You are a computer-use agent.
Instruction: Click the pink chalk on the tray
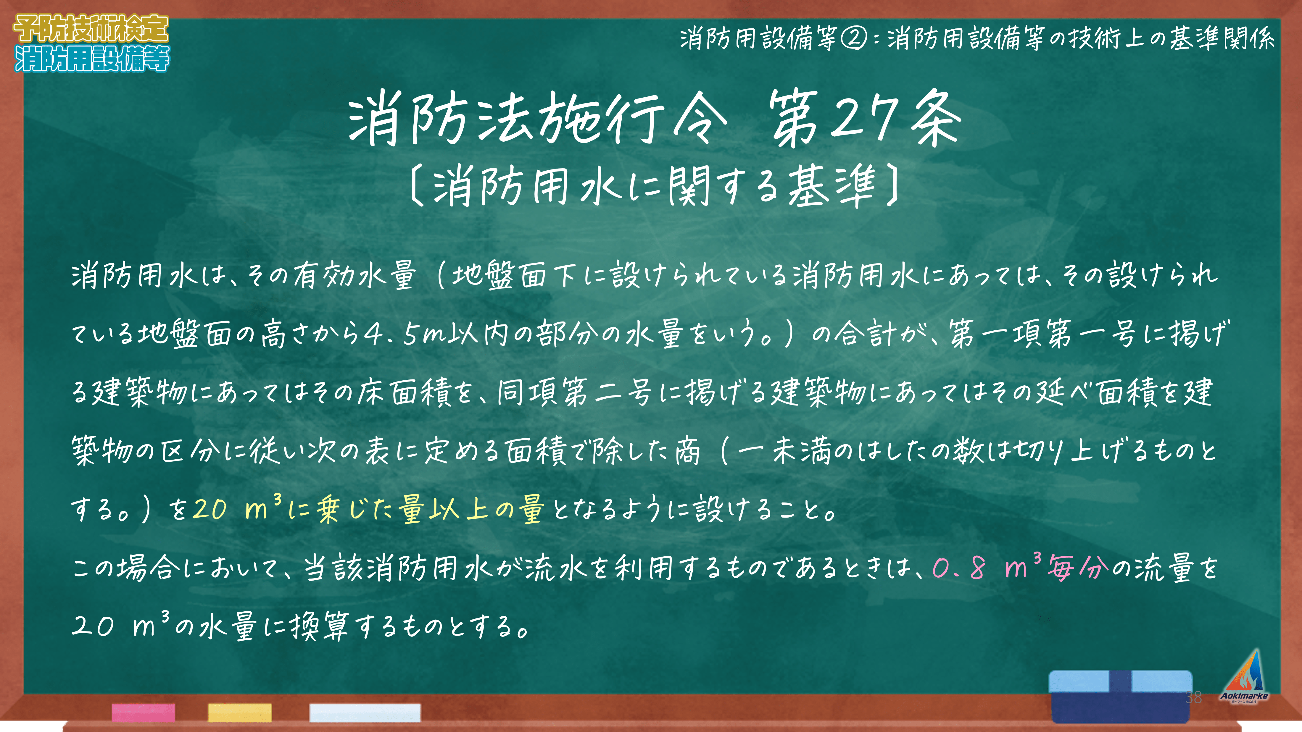(x=144, y=712)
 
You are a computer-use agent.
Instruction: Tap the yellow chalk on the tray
(x=240, y=712)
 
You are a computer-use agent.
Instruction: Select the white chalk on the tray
(x=365, y=712)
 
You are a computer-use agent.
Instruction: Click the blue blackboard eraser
(x=1121, y=696)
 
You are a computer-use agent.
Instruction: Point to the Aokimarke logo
(x=1244, y=677)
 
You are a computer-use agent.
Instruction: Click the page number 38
(x=1193, y=697)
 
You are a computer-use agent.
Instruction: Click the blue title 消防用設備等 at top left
(x=92, y=59)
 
